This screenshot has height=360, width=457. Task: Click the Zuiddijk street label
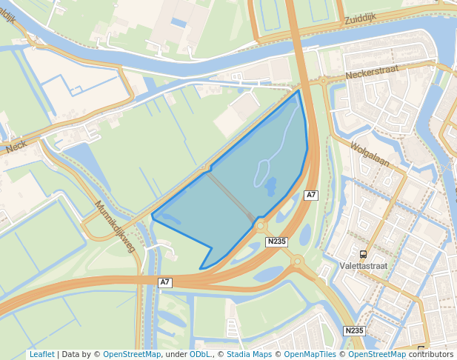pos(361,19)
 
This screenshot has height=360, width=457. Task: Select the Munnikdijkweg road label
pos(116,226)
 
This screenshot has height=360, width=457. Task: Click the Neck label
pos(16,147)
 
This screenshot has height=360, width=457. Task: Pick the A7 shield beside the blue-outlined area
pos(311,195)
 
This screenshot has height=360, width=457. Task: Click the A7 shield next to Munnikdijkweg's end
pos(165,281)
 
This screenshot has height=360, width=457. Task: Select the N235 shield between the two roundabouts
pos(276,241)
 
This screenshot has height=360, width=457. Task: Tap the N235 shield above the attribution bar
pos(354,330)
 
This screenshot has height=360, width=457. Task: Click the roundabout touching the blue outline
pos(260,224)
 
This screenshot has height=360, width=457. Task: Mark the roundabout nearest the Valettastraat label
pos(297,261)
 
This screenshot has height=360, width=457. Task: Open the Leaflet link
pos(41,354)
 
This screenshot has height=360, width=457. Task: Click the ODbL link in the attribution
pos(199,354)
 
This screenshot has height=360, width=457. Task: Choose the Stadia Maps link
pos(249,354)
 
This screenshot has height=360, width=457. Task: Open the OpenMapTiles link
pos(310,354)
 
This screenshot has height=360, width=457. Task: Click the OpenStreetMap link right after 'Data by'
pos(132,354)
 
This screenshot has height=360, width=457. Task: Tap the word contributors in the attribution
pos(430,354)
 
